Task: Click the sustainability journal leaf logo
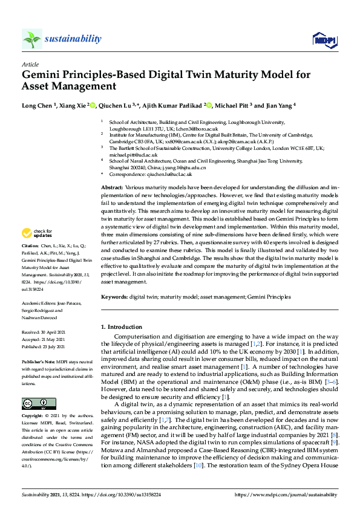tap(31, 39)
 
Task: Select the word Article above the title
tap(29, 64)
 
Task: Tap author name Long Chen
tap(38, 105)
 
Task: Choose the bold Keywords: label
tap(114, 297)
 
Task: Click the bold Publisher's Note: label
tap(38, 361)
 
